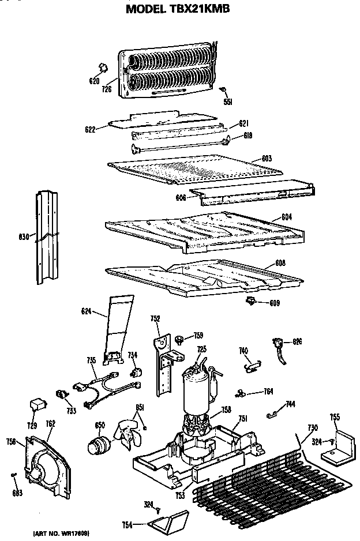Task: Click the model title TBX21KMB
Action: [179, 9]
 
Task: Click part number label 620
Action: [95, 81]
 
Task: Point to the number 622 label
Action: [89, 130]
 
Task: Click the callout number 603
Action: [267, 158]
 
